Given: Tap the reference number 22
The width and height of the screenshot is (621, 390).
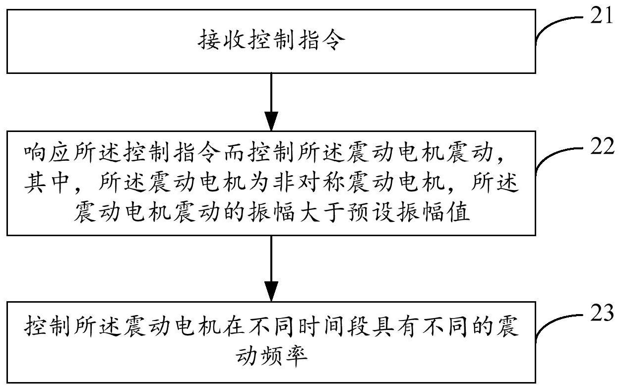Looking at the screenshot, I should point(602,147).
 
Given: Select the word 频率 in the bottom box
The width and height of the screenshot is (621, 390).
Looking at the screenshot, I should point(288,356).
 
